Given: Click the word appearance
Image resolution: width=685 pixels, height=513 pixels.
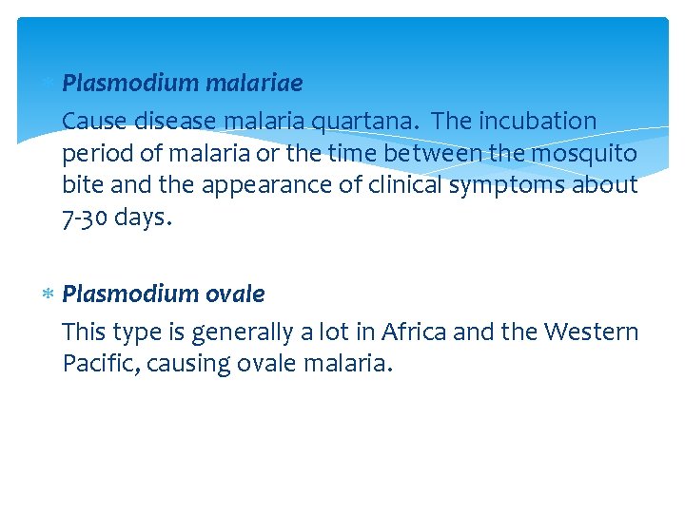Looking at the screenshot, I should pyautogui.click(x=244, y=185).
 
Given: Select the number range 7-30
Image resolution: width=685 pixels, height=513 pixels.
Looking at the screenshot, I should pyautogui.click(x=85, y=217).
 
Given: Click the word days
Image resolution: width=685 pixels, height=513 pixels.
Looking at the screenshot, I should pyautogui.click(x=143, y=217).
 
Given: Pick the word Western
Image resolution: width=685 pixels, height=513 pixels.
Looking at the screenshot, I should pyautogui.click(x=591, y=332).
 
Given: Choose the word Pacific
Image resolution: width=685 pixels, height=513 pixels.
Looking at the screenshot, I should pyautogui.click(x=96, y=363).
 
